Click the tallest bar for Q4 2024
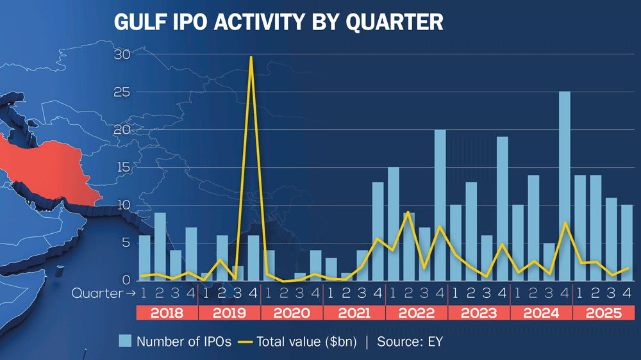(565, 186)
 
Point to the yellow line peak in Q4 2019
(251, 57)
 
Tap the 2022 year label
(416, 313)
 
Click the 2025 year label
(604, 313)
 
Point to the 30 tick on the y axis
(122, 54)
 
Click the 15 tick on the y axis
(122, 167)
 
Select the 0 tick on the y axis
(126, 280)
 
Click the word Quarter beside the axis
(96, 293)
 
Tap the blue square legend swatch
(125, 341)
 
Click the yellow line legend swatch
(244, 341)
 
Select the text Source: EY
(410, 341)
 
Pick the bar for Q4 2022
(440, 205)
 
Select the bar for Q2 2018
(160, 247)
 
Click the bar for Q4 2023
(503, 209)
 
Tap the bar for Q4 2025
(628, 243)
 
